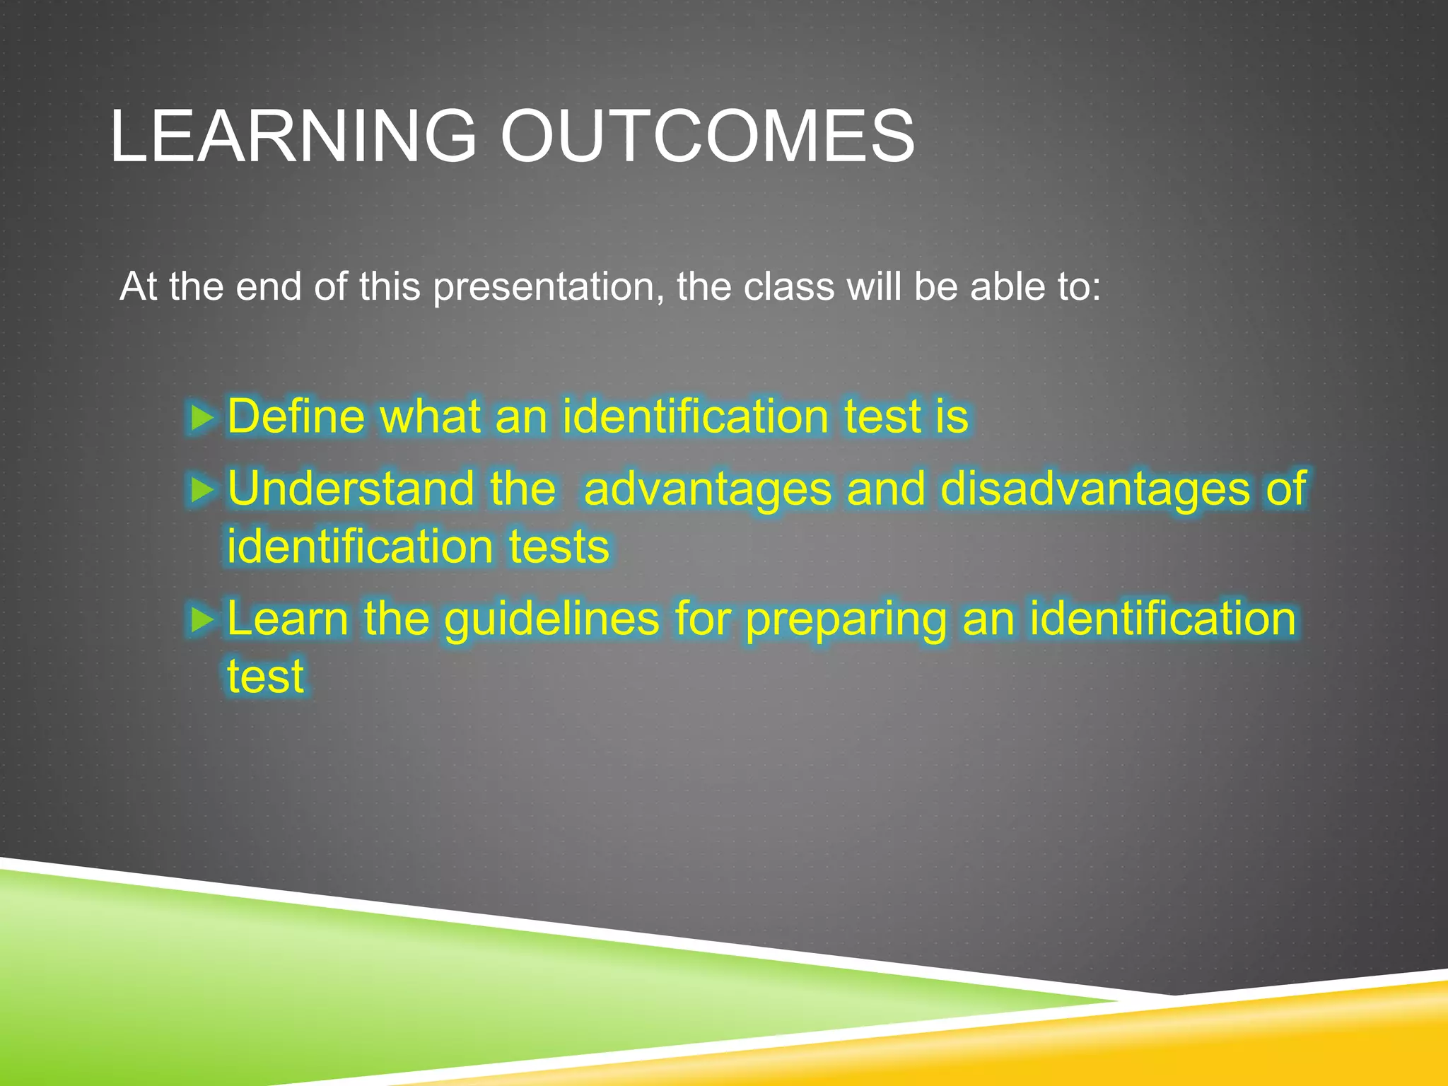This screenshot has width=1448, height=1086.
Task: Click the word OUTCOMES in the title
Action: [707, 136]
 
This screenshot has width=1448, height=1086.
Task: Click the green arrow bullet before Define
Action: [202, 418]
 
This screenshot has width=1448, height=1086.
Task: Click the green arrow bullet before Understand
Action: [202, 489]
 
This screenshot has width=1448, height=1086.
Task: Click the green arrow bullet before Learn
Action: [202, 620]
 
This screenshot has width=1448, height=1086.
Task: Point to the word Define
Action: [296, 416]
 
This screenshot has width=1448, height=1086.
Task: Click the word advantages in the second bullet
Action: [707, 489]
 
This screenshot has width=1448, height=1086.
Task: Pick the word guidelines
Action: [552, 619]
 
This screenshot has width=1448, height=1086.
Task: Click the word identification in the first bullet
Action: [695, 416]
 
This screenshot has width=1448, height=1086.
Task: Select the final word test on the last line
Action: [265, 677]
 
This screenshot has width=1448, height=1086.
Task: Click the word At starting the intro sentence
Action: [138, 287]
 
